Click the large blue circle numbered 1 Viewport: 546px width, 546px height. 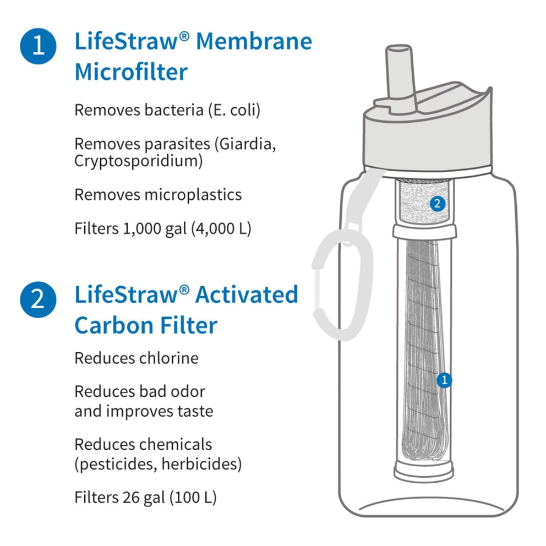38,46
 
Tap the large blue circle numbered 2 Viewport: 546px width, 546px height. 38,300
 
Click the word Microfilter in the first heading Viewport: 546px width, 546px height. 131,72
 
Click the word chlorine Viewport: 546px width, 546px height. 169,358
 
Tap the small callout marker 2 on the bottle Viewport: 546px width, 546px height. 437,204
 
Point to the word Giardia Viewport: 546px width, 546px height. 243,144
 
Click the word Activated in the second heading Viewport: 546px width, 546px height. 247,295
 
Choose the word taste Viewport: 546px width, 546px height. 192,411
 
